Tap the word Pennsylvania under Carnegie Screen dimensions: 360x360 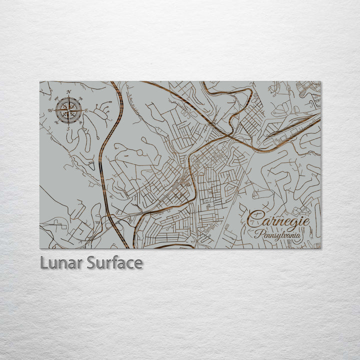point(277,233)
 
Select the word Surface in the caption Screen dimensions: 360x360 point(114,262)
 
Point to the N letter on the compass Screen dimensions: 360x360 point(68,91)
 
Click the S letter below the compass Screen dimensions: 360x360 point(68,128)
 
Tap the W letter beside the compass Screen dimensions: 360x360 point(50,110)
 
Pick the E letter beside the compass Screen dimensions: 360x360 point(86,110)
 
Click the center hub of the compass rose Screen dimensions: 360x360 point(68,110)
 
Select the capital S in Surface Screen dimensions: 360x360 point(91,262)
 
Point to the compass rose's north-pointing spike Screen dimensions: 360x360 point(68,98)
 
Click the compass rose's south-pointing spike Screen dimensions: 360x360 point(68,122)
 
